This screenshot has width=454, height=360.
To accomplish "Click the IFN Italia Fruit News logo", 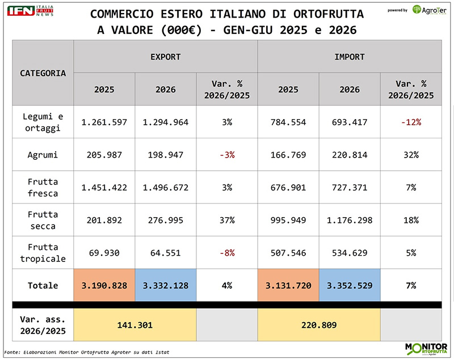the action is point(30,11).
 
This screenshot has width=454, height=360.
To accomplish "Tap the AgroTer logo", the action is point(430,10).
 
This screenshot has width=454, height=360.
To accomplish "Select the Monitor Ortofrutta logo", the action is point(426,349).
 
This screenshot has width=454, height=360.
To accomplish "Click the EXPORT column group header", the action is point(165,57).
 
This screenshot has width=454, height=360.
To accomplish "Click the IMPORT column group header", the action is point(350,57).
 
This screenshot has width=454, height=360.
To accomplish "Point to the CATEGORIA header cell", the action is point(43,73).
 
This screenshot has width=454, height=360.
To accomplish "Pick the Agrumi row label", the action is point(43,155).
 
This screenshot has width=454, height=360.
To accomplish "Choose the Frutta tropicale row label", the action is point(43,253).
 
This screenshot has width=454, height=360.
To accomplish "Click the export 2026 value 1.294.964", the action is point(165,122).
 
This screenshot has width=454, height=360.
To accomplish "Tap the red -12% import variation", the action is point(411,122).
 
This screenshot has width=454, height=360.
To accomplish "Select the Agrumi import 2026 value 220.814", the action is point(350,155).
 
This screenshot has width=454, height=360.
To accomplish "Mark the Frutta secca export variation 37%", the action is point(226,220).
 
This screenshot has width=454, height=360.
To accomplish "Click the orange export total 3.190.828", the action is point(104,285).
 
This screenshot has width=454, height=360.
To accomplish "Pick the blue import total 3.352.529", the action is point(350,285).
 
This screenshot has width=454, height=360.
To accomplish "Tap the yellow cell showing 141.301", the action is point(135,325).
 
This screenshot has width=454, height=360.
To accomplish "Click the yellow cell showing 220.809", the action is point(319,325).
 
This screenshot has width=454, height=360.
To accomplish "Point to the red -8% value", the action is point(227,253).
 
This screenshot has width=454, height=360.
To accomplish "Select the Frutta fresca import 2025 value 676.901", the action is point(288,188).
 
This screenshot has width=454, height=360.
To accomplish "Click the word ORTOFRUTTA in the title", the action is point(329,14).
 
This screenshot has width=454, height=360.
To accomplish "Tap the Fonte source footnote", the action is point(87,352).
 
